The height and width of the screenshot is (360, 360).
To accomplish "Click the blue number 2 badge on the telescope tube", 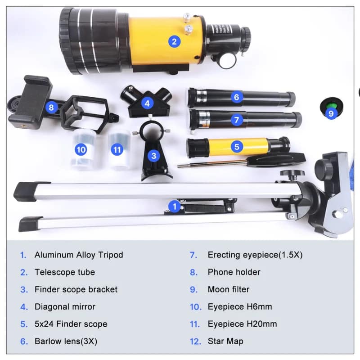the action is [x=174, y=41].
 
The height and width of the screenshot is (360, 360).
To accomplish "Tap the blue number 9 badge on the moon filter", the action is [x=331, y=113].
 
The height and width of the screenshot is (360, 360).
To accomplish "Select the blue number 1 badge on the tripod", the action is [x=175, y=207].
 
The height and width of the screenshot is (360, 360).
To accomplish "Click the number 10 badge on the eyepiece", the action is [x=81, y=150].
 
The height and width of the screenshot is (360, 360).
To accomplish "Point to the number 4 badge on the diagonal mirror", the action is [x=147, y=103].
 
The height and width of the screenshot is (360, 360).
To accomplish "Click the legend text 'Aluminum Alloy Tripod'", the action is [x=79, y=255].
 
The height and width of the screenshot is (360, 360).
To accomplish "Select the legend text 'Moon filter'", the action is [x=229, y=289].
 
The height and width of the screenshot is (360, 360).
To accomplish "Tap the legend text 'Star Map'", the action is [x=225, y=341].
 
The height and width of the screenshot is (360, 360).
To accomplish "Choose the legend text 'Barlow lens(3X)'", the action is [x=66, y=341].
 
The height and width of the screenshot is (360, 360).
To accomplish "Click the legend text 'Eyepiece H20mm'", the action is [x=242, y=324].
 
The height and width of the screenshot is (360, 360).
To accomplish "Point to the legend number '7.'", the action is [x=193, y=255].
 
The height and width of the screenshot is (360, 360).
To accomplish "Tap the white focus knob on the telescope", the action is [x=227, y=61].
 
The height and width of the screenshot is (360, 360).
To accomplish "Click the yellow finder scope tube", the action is [x=237, y=147].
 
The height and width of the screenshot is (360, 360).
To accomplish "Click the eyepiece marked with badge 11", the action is [x=119, y=150].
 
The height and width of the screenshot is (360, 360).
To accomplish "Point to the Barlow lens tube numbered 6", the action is [x=241, y=98].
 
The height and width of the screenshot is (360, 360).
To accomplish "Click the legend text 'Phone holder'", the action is [x=234, y=272].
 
